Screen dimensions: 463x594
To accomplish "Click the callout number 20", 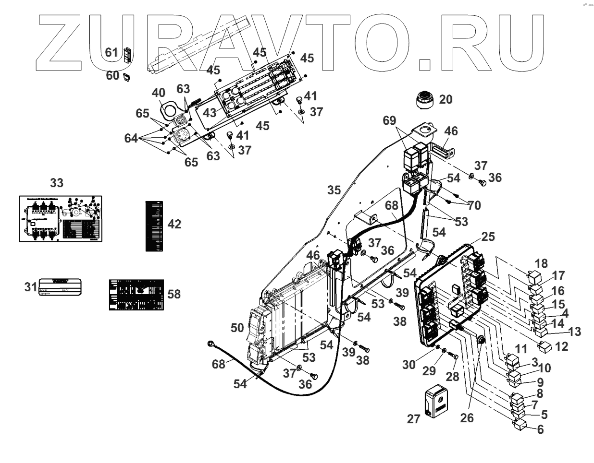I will pos(445,99).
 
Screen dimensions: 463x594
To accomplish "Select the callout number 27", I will pos(413,418).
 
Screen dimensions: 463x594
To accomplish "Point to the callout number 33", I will pos(57,183).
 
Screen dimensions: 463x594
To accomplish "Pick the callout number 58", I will pos(173,294).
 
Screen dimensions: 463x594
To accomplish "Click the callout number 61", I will pos(111,52).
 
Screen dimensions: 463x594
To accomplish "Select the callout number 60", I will pos(112,75).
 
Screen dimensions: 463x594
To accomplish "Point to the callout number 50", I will pos(237,328).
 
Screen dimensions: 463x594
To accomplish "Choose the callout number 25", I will pos(488,237).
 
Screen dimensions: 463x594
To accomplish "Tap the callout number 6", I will pos(540,429).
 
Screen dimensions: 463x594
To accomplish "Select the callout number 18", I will pos(541,263).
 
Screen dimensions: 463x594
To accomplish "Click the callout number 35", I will pos(334,190).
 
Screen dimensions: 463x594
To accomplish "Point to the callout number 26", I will pos(467,418).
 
